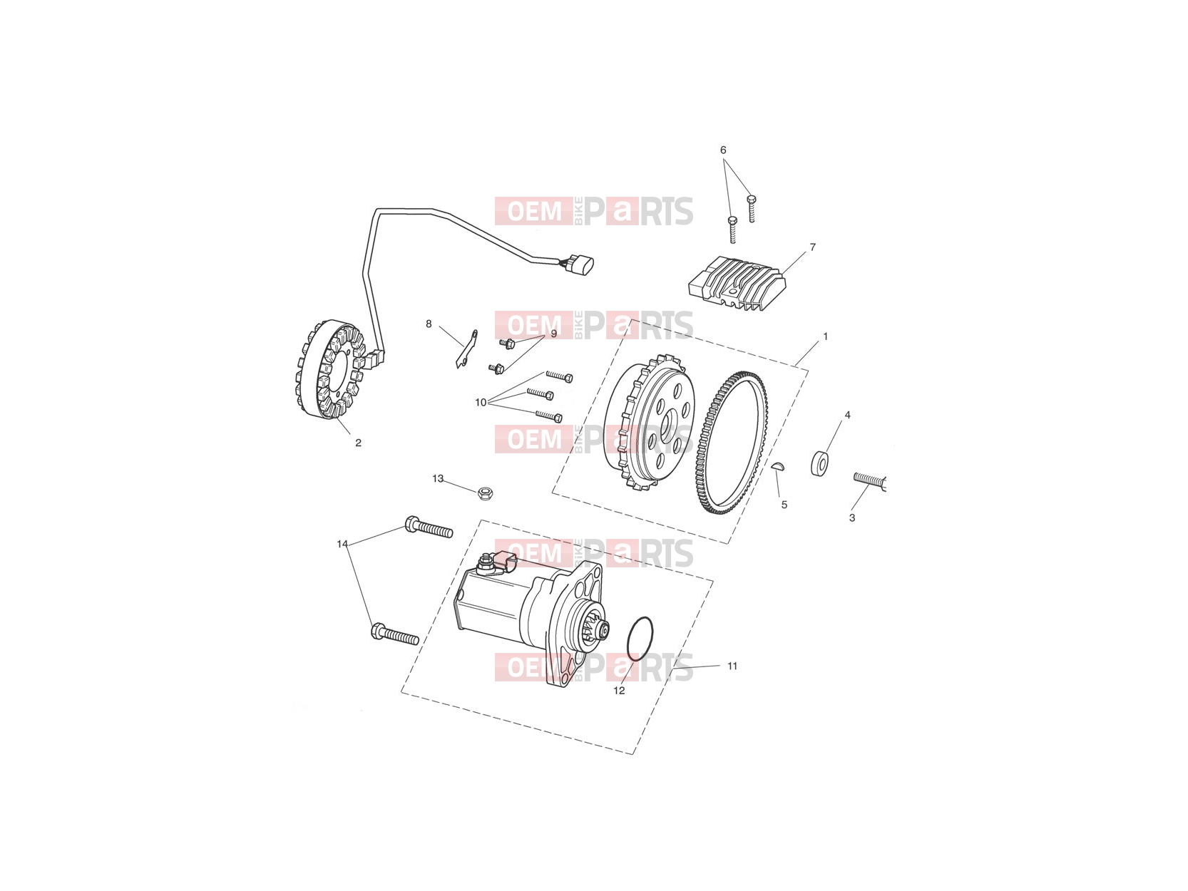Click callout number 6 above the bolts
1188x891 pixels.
pos(722,150)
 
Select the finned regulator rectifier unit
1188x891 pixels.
pos(737,284)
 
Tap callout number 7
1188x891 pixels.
pos(811,247)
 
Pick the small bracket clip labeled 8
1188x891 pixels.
pos(466,349)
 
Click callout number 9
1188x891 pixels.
pos(553,334)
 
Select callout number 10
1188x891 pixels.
pos(480,403)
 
